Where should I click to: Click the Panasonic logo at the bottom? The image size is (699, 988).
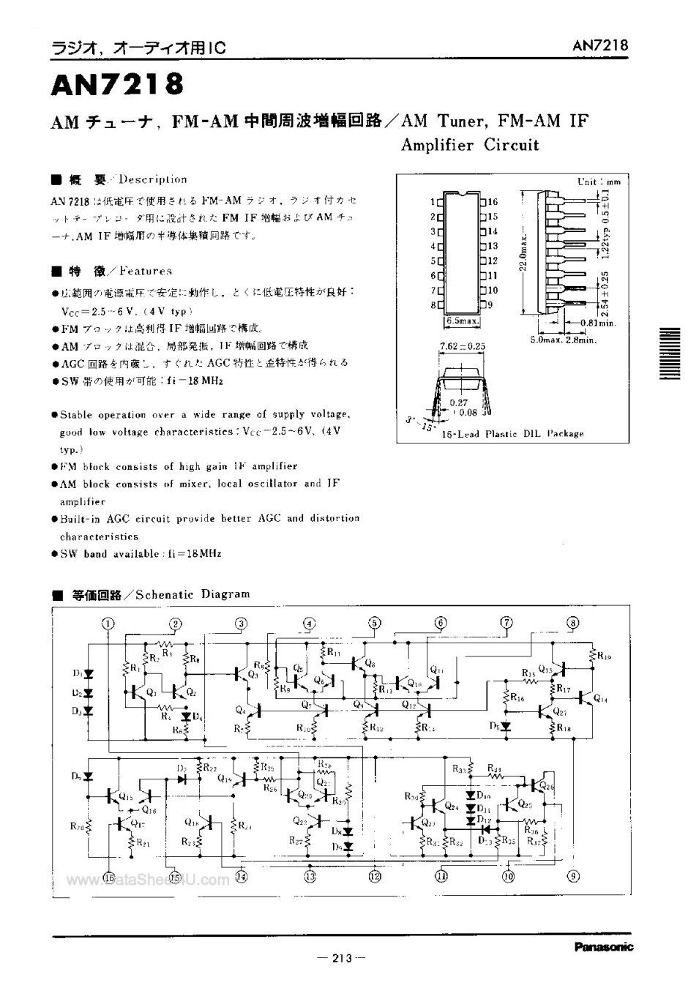point(603,947)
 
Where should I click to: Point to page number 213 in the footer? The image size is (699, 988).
point(342,958)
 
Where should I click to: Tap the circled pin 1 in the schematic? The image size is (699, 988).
point(108,624)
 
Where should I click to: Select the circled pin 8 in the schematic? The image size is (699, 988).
point(572,623)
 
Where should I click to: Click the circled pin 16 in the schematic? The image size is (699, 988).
point(108,876)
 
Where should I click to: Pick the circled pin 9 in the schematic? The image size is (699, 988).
point(573,875)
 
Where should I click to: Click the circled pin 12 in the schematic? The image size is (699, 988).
point(375,875)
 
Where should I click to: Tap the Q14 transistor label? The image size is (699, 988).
point(600,700)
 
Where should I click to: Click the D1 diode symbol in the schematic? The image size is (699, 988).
point(88,673)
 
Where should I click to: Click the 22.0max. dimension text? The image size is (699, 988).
point(522,250)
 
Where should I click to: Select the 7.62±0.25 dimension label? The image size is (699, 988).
point(463,345)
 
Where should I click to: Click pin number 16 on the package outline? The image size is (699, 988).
point(492,202)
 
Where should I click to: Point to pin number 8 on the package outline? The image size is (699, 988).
point(433,304)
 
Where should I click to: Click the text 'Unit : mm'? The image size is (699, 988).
point(598,181)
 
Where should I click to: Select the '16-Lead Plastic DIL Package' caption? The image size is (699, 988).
point(512,433)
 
